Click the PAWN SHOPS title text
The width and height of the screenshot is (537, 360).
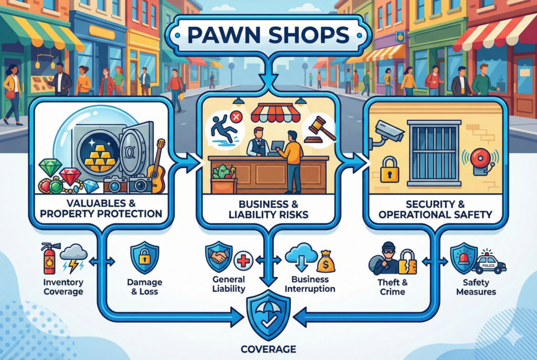(x=268, y=36)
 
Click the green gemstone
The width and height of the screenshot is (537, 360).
(x=50, y=168)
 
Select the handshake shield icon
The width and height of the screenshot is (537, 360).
(x=217, y=257)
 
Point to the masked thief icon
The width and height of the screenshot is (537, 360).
(x=385, y=259)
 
